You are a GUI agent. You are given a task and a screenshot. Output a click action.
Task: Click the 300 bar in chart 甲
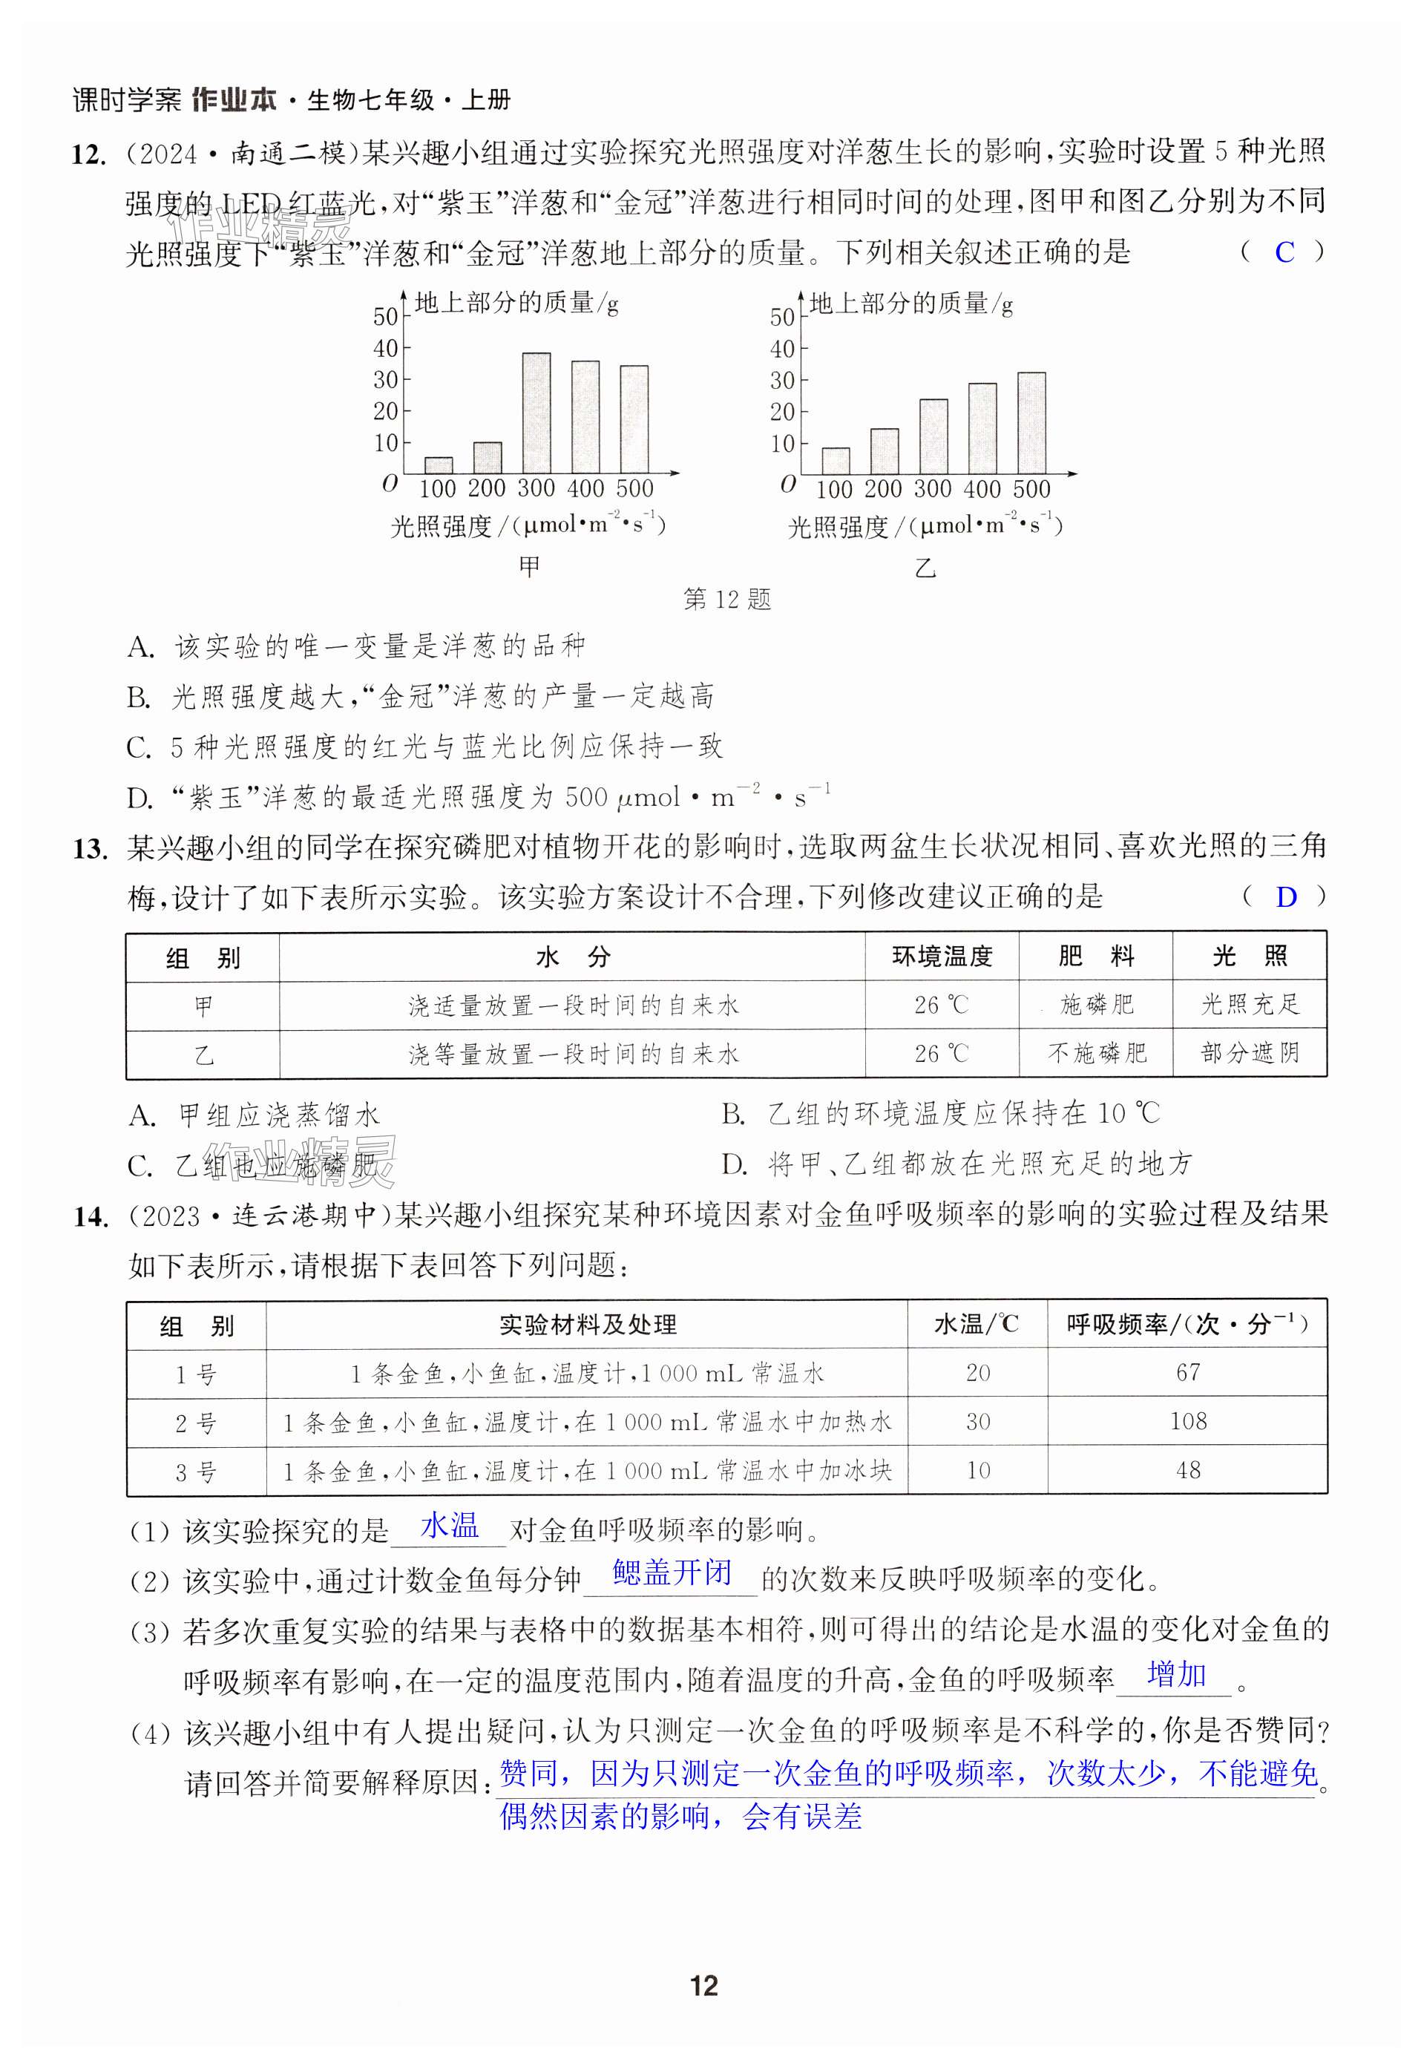536,413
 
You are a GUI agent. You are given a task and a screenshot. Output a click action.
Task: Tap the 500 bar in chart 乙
1032,423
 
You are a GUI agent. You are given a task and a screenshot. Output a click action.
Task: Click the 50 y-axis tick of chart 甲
386,317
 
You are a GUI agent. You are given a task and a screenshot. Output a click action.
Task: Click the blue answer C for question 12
1284,253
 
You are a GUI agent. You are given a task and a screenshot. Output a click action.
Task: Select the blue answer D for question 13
1286,898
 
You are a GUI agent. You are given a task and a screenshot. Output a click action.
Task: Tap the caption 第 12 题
726,600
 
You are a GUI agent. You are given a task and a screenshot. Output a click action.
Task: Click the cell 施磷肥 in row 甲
1096,1006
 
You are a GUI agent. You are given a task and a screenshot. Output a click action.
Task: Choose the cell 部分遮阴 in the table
1249,1055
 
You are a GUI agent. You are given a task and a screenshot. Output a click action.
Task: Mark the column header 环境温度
942,957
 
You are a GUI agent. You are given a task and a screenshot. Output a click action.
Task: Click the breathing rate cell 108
1188,1421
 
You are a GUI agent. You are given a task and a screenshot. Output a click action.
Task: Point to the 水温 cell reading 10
977,1470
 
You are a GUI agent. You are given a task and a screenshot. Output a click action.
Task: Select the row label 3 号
196,1472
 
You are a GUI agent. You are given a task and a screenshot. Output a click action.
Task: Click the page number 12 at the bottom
703,1986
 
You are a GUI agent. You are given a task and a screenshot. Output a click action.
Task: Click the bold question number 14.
91,1216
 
